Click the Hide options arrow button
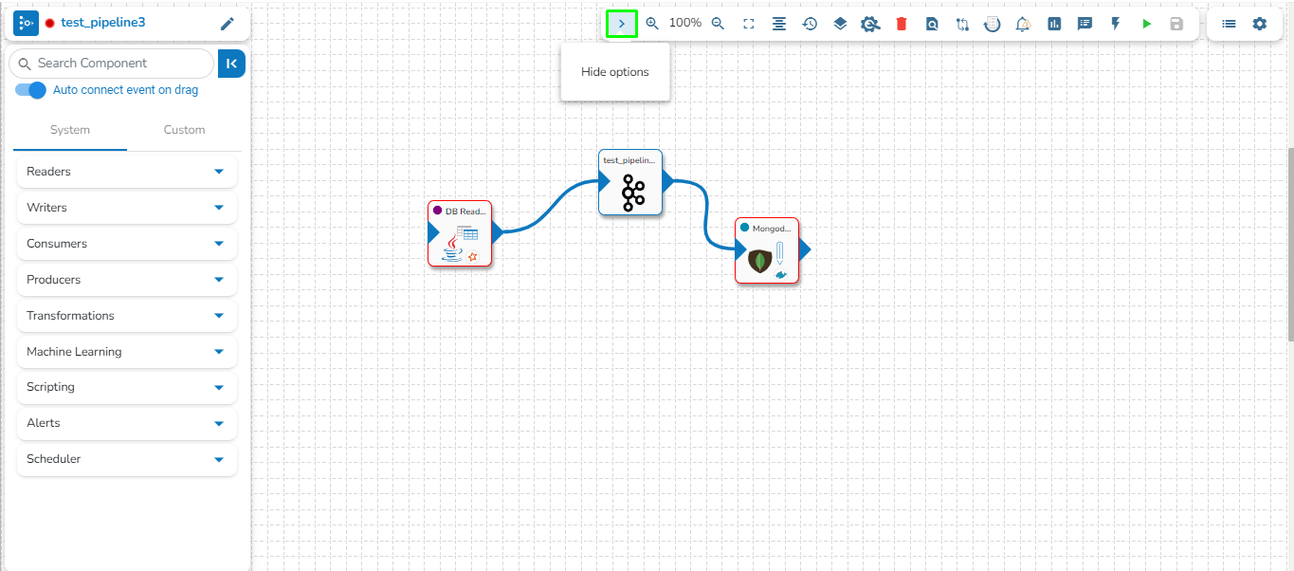(622, 24)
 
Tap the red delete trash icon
(902, 24)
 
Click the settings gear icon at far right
(1259, 24)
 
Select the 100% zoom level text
(684, 23)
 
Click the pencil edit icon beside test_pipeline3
(227, 24)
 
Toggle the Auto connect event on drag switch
(31, 90)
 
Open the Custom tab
(184, 130)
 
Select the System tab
(70, 130)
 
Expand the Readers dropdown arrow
(219, 172)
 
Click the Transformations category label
(70, 316)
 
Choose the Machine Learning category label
(74, 352)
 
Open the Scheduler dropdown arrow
(219, 459)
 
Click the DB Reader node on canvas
(460, 233)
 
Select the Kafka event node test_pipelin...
(630, 182)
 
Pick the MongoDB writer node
(767, 250)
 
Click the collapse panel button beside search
(231, 64)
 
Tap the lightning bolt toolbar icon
(1116, 24)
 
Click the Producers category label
(53, 280)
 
